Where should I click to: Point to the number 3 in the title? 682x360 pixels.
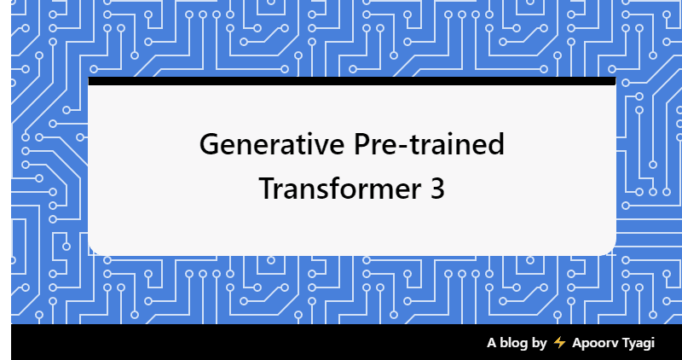[x=436, y=189]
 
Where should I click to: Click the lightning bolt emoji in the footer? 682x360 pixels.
[x=559, y=343]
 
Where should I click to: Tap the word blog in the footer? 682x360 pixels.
[x=513, y=343]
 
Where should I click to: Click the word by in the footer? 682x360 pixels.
[x=539, y=343]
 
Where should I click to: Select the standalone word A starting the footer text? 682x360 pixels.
[x=491, y=343]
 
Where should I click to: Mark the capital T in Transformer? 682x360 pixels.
[x=267, y=189]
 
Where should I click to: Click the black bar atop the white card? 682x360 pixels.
[x=351, y=81]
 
